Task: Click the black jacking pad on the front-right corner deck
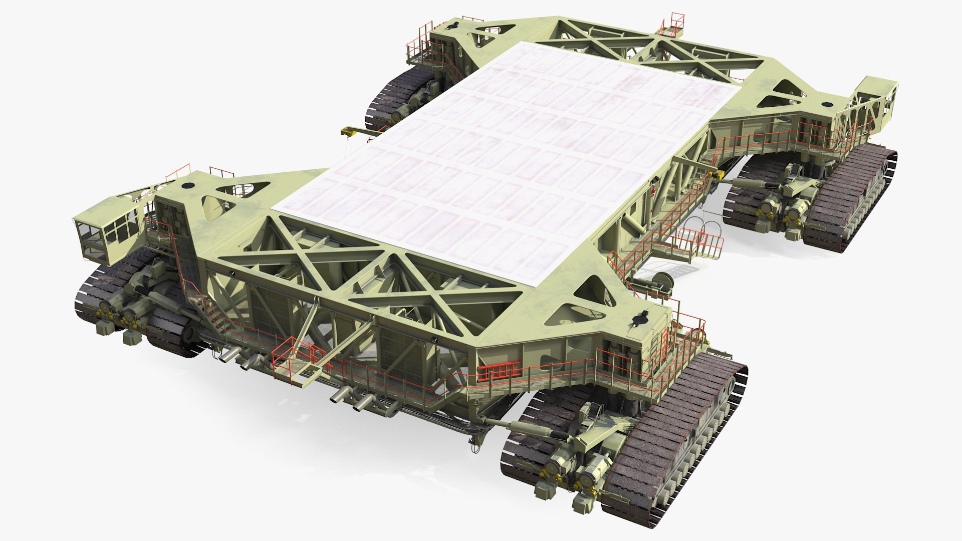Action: [x=640, y=318]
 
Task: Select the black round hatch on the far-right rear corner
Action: [x=825, y=105]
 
